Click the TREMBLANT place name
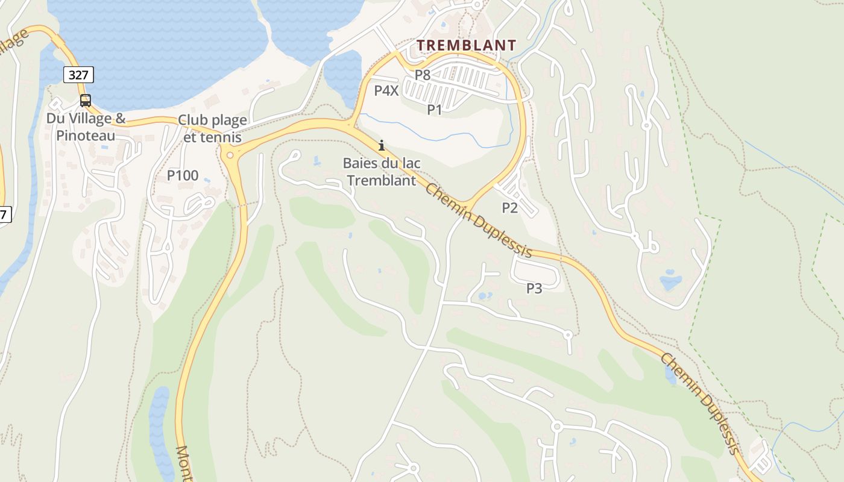[x=467, y=45]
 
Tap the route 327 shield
[x=78, y=75]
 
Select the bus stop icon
[x=86, y=100]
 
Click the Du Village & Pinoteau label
[x=86, y=127]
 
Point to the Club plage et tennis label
[x=212, y=128]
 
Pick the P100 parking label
[x=182, y=175]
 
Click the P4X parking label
[x=386, y=91]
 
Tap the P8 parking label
[x=423, y=75]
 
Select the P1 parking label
[x=435, y=110]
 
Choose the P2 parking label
[x=510, y=208]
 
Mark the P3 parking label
[x=534, y=289]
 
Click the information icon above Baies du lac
[x=381, y=146]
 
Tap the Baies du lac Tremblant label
[x=382, y=172]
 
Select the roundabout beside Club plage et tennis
[x=230, y=155]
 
